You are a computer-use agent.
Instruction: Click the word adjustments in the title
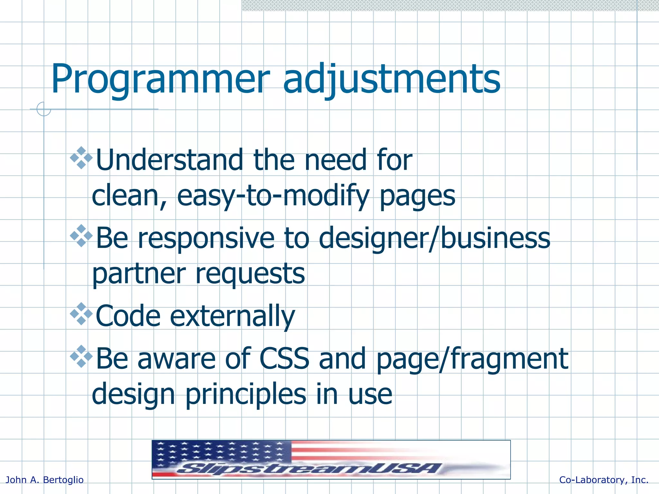click(391, 80)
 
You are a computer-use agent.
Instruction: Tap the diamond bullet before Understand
click(81, 158)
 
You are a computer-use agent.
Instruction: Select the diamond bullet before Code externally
click(81, 314)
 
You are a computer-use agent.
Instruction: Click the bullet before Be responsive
click(81, 236)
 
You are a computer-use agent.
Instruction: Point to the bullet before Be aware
click(81, 356)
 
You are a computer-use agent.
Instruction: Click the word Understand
click(170, 160)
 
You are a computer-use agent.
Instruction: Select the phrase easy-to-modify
click(273, 196)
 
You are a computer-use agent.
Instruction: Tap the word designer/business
click(434, 239)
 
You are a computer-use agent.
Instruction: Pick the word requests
click(250, 274)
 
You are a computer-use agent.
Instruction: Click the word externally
click(232, 316)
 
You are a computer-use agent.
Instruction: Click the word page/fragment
click(472, 360)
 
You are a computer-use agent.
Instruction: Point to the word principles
click(246, 395)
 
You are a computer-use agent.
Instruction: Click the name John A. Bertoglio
click(45, 480)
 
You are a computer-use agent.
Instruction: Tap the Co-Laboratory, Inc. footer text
click(604, 480)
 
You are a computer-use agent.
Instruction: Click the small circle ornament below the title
click(44, 109)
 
